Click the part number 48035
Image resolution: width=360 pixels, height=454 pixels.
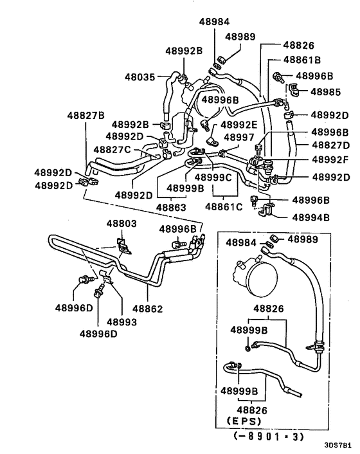(x=139, y=77)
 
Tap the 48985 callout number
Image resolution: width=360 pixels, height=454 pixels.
(x=326, y=92)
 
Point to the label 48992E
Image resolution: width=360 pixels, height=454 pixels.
(x=239, y=125)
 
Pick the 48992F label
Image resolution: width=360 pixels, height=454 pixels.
(x=330, y=159)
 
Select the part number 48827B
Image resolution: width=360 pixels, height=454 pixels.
(x=85, y=116)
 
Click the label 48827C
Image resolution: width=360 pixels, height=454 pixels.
(x=113, y=149)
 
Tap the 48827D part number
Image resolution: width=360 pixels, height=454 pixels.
(x=330, y=145)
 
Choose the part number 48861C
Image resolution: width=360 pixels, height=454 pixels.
(x=224, y=207)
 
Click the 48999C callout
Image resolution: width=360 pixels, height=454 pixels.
(x=213, y=177)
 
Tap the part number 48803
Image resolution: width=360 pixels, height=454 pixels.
(x=122, y=224)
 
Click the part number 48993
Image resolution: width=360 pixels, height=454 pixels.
(x=121, y=322)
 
